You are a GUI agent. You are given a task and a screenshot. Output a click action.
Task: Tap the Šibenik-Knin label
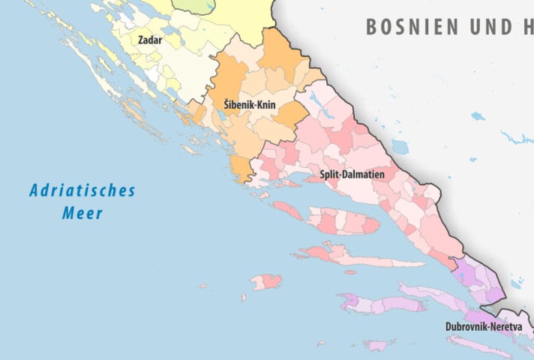click(x=250, y=106)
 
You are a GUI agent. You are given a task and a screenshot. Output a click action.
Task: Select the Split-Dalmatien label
click(x=352, y=174)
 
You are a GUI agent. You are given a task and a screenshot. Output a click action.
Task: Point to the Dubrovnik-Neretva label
click(x=484, y=327)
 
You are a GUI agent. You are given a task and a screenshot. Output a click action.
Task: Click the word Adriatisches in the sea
click(x=82, y=190)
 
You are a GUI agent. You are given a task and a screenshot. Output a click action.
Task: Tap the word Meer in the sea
click(x=82, y=214)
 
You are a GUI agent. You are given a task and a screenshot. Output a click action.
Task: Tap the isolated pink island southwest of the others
click(x=266, y=281)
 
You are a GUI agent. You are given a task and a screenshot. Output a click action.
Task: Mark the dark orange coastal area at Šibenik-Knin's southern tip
click(x=242, y=169)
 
